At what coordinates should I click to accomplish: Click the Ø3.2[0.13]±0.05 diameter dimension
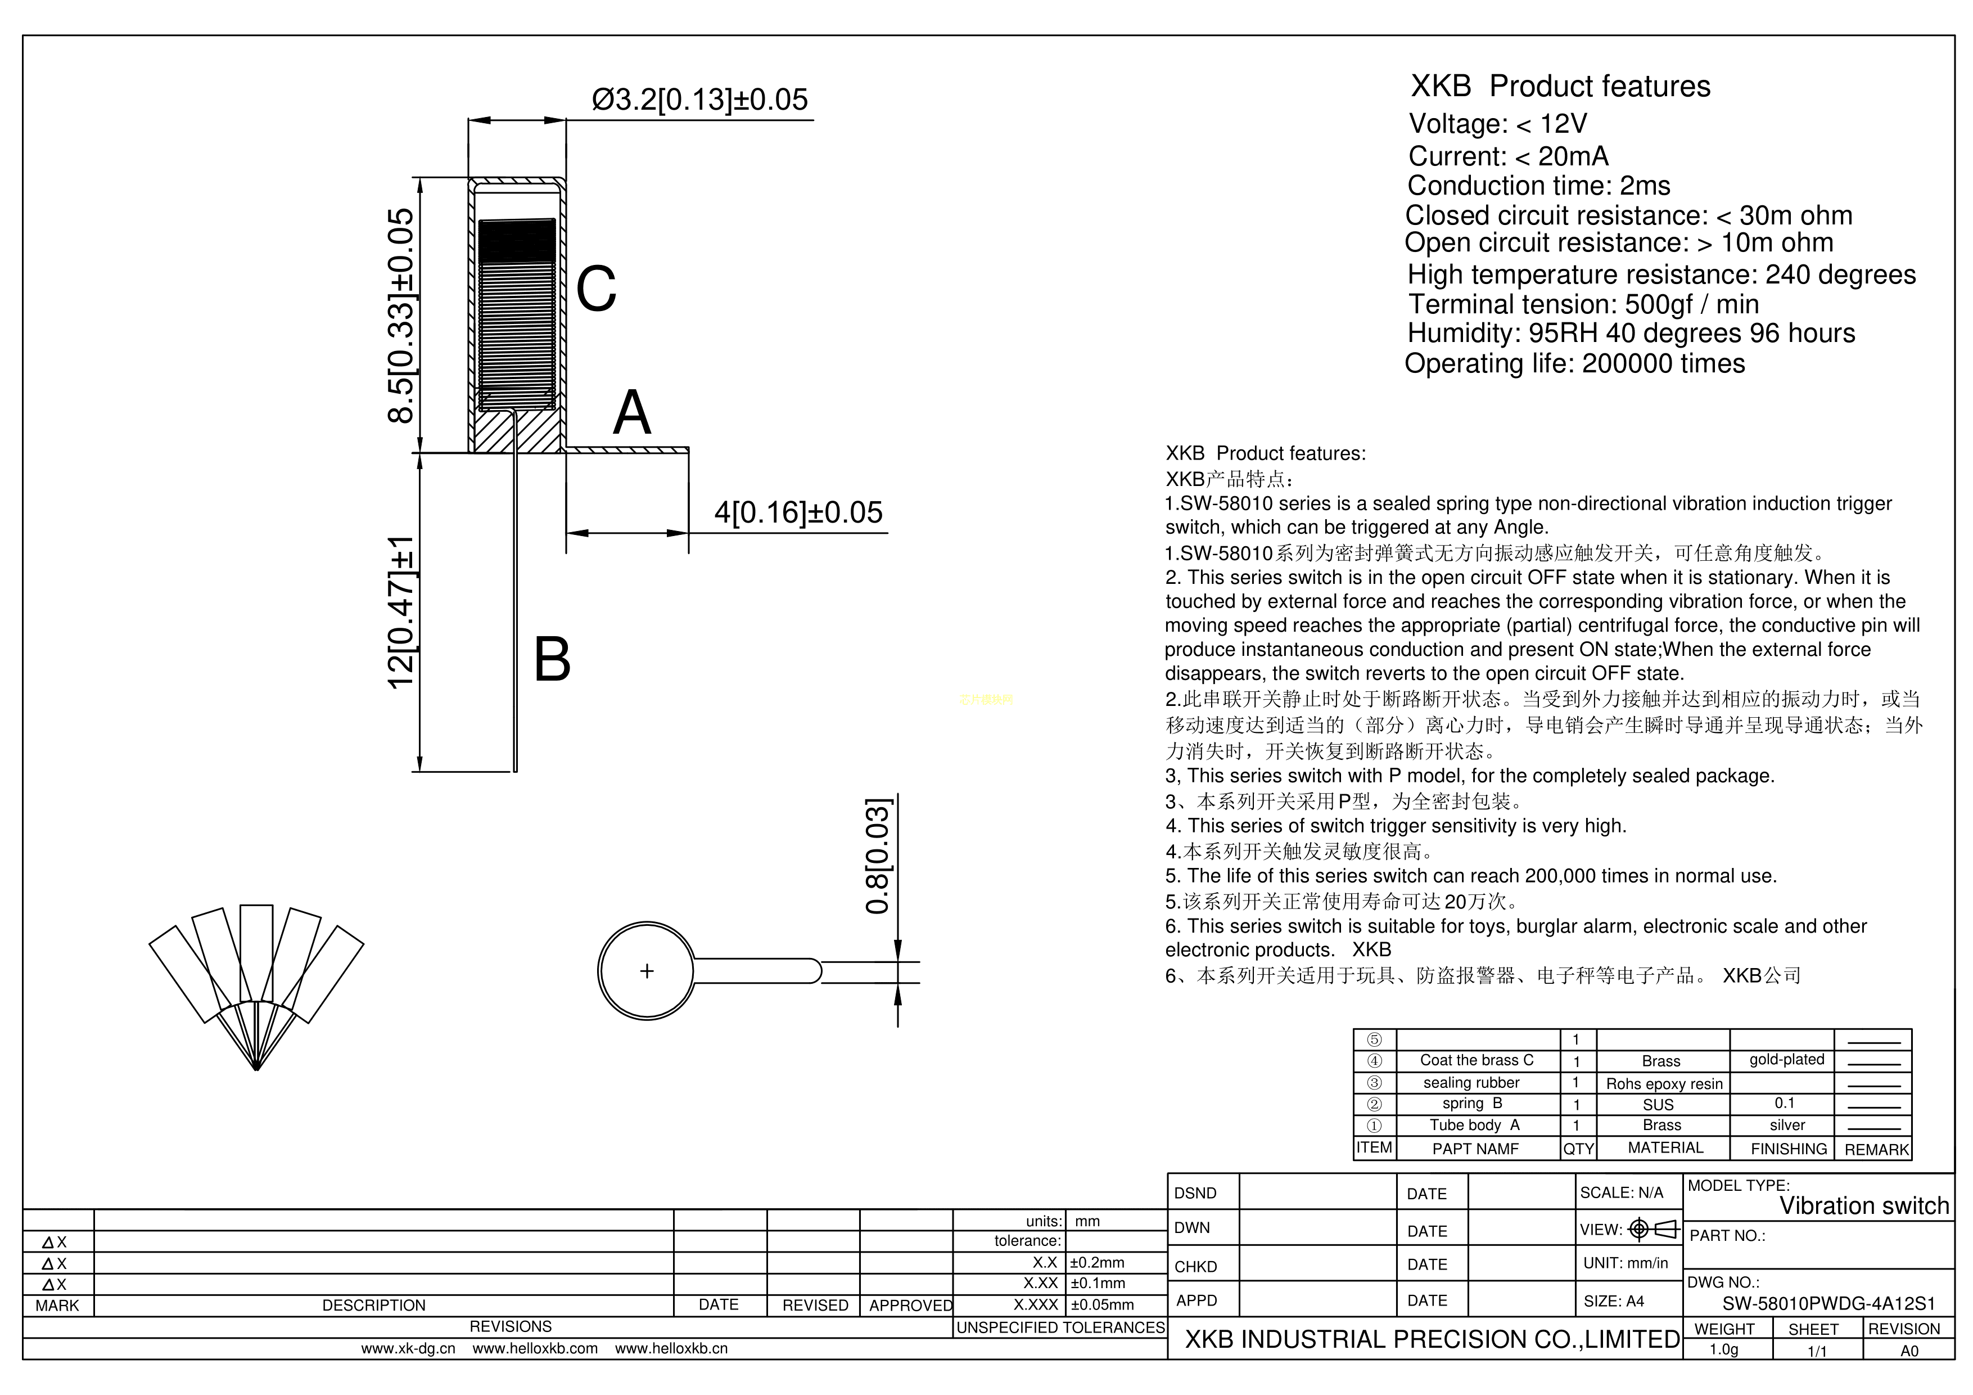pos(699,100)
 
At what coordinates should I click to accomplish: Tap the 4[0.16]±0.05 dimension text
pos(798,513)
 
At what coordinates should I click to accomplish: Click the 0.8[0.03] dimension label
pos(877,856)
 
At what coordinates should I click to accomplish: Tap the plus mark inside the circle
pos(647,971)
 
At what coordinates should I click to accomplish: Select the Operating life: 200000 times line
pos(1574,363)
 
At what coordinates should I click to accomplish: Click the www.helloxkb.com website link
pos(535,1348)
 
